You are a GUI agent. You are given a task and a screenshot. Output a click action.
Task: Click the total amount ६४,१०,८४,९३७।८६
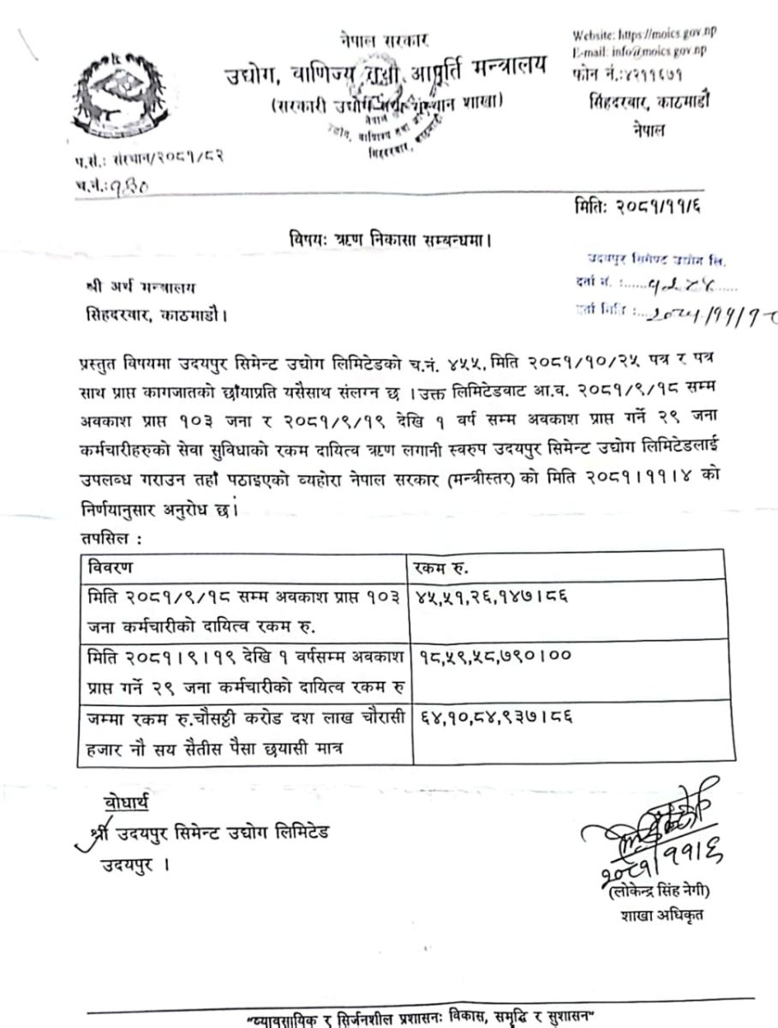pos(494,713)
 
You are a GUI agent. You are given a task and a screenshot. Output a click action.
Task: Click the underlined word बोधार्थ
pos(125,803)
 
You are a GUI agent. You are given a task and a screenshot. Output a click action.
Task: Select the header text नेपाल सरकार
pos(385,39)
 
